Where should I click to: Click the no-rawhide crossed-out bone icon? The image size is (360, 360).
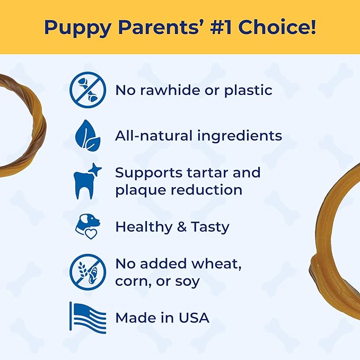(87, 90)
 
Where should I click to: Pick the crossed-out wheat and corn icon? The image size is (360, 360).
(87, 272)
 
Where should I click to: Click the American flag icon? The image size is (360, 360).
(87, 318)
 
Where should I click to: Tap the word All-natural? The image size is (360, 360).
(154, 136)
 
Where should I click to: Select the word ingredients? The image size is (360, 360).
(240, 136)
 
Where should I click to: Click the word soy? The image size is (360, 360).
(187, 281)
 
